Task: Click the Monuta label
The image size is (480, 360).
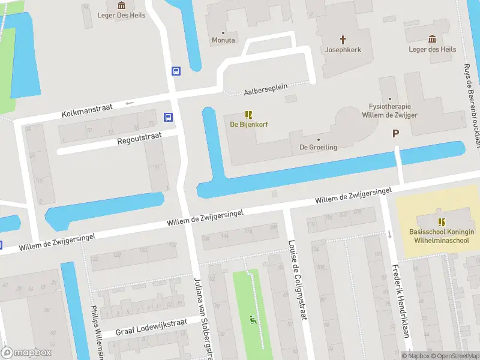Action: tap(223, 40)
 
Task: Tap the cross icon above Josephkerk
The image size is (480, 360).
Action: tap(343, 40)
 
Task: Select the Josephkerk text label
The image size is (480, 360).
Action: tap(343, 50)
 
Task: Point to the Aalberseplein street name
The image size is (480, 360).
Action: tap(266, 90)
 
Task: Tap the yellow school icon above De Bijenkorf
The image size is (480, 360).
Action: tap(249, 114)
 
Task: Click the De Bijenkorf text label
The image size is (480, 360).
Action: tap(249, 124)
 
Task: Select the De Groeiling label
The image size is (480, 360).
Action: tap(319, 147)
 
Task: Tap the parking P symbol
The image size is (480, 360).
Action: tap(395, 134)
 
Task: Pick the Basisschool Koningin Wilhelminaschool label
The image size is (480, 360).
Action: tap(442, 236)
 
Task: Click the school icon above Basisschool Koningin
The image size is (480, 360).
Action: tap(442, 221)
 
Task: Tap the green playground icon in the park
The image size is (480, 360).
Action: tap(253, 319)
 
